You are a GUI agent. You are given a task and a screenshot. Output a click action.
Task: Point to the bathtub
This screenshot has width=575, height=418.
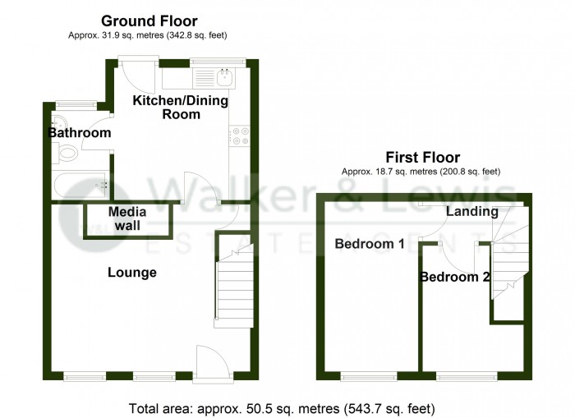coord(82,185)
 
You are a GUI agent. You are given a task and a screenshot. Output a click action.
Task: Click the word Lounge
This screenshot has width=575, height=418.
coord(131,272)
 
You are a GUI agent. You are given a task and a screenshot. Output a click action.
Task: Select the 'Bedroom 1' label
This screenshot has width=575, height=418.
coord(369,244)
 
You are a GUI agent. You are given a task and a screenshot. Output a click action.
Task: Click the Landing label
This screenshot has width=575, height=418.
coord(471,212)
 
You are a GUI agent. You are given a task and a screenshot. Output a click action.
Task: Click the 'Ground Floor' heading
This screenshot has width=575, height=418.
coord(149,21)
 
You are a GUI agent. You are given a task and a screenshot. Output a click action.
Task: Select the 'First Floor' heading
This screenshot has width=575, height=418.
coord(423,158)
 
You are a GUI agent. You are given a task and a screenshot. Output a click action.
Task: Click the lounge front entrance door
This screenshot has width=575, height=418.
coord(206,363)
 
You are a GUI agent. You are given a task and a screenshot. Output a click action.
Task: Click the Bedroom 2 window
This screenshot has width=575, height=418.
coord(466,376)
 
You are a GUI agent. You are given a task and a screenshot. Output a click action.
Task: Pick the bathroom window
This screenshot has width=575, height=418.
coord(74,104)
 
